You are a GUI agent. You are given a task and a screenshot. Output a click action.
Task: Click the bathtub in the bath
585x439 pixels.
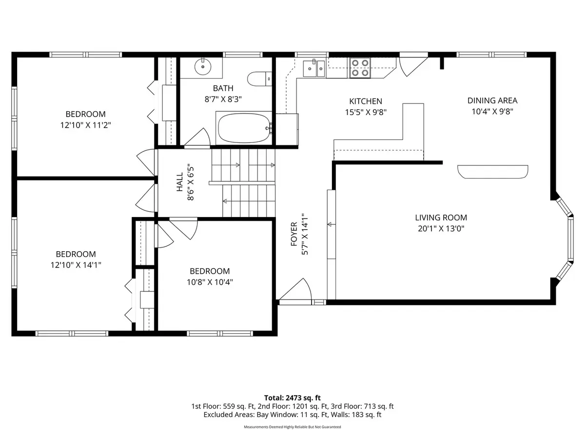(244, 128)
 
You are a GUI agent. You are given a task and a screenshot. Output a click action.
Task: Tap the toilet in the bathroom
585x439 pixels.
(259, 79)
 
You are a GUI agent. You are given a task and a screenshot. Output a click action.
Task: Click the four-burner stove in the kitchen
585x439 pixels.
(360, 68)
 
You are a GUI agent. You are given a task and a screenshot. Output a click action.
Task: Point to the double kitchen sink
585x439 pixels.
(314, 68)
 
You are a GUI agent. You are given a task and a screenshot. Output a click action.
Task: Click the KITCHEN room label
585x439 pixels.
(366, 101)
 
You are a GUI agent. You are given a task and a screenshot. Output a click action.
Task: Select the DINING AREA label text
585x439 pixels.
(492, 100)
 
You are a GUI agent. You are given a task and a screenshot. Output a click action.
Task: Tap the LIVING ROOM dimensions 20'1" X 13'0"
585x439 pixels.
(441, 228)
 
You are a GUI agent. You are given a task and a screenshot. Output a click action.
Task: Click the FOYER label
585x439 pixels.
(293, 234)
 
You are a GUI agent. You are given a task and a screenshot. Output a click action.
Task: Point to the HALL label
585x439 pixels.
(179, 182)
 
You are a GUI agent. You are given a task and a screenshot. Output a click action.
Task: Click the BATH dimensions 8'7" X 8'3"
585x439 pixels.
(223, 99)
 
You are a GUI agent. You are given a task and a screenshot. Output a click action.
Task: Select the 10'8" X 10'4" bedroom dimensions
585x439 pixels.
(210, 282)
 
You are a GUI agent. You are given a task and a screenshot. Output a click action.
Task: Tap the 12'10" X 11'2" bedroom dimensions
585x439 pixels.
(85, 125)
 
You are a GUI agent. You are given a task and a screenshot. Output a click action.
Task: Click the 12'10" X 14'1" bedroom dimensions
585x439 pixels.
(76, 265)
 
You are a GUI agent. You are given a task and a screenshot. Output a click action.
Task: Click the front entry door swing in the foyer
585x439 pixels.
(295, 291)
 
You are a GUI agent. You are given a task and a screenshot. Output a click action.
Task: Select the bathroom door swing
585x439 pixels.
(197, 138)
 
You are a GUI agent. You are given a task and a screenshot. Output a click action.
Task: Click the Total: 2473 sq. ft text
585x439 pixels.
(292, 398)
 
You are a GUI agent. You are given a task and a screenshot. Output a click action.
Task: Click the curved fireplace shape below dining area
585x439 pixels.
(492, 172)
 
